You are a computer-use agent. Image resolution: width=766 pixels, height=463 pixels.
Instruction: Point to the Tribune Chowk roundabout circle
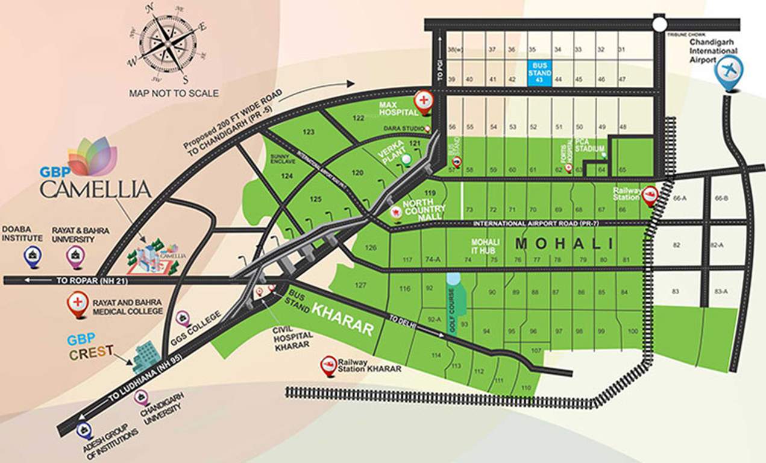point(659,24)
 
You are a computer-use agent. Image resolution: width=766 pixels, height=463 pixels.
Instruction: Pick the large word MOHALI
point(565,244)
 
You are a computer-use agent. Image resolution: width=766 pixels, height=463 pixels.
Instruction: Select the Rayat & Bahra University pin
point(75,257)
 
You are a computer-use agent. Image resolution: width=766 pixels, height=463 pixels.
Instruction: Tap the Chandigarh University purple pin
point(142,397)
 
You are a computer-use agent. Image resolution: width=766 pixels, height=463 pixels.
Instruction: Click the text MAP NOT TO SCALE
point(174,93)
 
